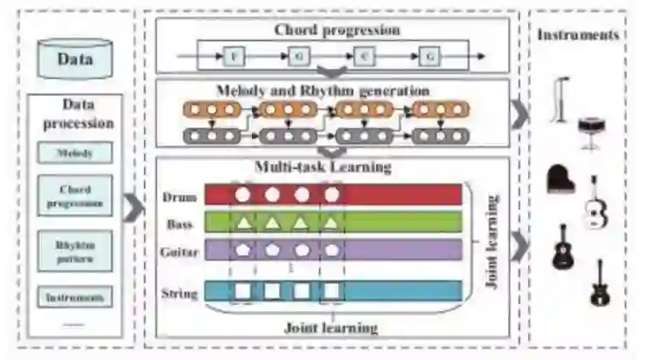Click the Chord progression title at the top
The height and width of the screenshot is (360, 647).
[x=337, y=30]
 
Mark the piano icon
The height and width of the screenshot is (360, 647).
[x=560, y=178]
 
